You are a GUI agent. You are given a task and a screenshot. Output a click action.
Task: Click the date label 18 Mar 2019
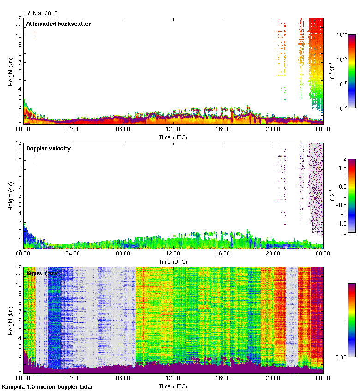tap(41, 13)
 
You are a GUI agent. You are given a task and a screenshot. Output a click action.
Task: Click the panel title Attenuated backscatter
tap(58, 24)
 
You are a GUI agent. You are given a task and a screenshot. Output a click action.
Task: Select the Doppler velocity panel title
tap(48, 148)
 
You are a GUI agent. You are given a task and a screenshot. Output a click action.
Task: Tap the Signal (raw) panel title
tap(44, 273)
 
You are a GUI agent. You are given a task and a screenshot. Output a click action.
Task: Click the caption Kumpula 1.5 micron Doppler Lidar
tap(48, 386)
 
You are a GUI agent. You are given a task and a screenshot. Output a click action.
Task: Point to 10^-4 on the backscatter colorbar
tap(342, 35)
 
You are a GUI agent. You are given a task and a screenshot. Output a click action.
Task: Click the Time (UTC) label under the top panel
tap(173, 137)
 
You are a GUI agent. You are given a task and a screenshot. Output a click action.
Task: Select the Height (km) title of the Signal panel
tap(11, 320)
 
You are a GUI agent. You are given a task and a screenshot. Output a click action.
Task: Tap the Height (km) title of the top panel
tap(11, 71)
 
